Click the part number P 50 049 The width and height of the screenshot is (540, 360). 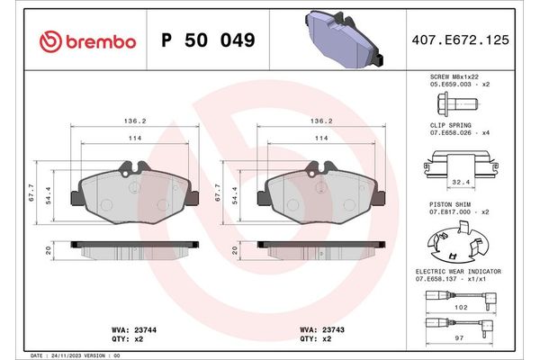pos(207,40)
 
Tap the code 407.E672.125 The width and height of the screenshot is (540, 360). pos(460,40)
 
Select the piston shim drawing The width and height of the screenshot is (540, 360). pos(457,242)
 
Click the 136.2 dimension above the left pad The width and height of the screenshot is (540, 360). pos(134,121)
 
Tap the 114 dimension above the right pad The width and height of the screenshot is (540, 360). pos(320,138)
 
